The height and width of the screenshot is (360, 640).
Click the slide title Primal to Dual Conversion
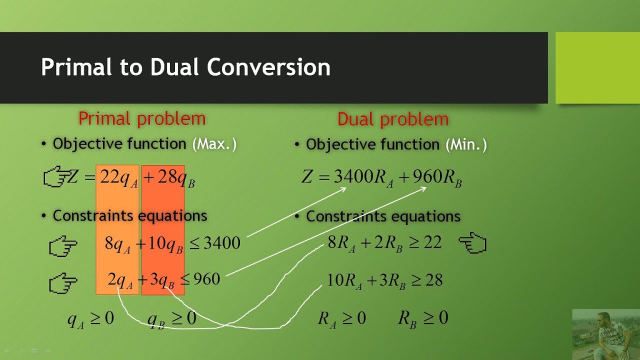185,67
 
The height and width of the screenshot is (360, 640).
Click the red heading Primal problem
142,119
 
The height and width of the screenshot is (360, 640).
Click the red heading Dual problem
393,119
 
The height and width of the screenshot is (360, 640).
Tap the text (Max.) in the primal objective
214,144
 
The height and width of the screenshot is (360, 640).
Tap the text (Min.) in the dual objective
466,145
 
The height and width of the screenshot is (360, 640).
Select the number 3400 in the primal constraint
221,243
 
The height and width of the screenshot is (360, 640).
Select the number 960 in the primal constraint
206,279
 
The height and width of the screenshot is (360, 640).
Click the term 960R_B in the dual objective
436,177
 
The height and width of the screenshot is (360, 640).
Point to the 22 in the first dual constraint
432,243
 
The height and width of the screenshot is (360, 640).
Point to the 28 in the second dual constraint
433,280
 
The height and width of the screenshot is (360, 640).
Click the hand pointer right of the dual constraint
472,243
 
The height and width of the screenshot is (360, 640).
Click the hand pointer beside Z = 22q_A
55,177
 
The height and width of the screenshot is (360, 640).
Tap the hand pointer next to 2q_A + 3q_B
63,283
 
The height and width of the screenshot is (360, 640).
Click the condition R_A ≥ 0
342,318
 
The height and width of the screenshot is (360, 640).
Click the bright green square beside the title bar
597,67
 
